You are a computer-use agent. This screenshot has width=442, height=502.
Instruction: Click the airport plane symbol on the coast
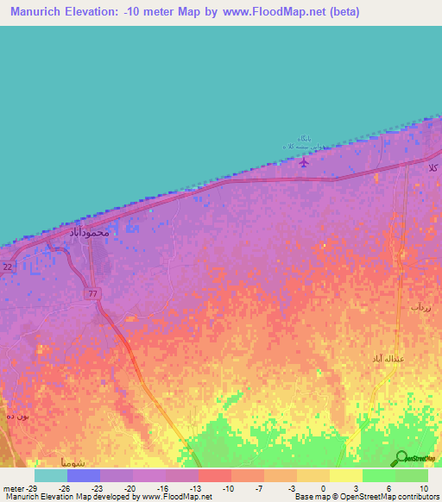(303, 161)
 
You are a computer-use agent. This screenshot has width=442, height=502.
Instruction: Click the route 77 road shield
(93, 294)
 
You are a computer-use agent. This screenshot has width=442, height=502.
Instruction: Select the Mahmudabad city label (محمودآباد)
(88, 232)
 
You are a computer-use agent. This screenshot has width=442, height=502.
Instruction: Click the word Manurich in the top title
(41, 12)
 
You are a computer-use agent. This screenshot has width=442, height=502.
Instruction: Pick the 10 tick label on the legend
(424, 487)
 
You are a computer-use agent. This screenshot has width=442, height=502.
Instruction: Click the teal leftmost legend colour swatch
(51, 475)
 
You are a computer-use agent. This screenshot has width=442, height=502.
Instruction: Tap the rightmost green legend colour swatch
(412, 475)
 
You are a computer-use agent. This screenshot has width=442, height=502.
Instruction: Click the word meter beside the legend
(13, 487)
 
